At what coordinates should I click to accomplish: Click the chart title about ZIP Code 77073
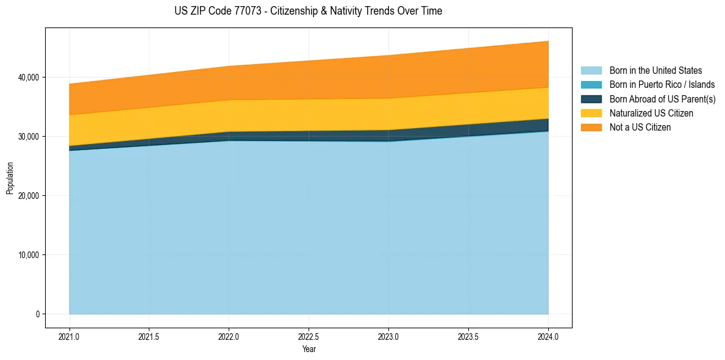pyautogui.click(x=308, y=11)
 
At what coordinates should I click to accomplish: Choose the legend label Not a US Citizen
pyautogui.click(x=640, y=128)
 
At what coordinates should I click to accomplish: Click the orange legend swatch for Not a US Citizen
pyautogui.click(x=591, y=128)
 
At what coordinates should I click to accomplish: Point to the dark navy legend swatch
pyautogui.click(x=591, y=99)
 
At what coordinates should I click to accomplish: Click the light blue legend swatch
pyautogui.click(x=591, y=71)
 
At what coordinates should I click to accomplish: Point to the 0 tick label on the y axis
pyautogui.click(x=37, y=314)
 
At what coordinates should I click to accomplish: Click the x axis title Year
pyautogui.click(x=309, y=350)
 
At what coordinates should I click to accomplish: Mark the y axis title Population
pyautogui.click(x=10, y=178)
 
